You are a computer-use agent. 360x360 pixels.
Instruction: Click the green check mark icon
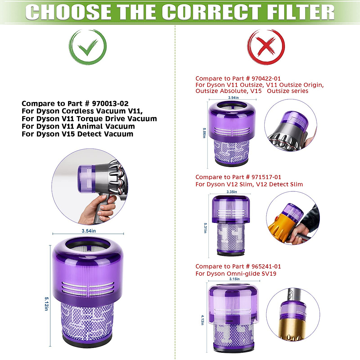(x=88, y=47)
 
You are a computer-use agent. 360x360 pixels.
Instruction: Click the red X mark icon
(x=266, y=47)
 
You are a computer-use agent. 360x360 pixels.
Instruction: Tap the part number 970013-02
(x=110, y=104)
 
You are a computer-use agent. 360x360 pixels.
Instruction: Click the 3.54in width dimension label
(x=89, y=231)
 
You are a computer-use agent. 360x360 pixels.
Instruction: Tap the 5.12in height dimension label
(x=46, y=304)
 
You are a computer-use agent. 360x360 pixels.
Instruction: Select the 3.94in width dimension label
(x=233, y=98)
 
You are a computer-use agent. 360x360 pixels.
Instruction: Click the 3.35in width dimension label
(x=232, y=192)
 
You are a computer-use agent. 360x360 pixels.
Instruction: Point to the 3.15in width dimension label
(x=234, y=279)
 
